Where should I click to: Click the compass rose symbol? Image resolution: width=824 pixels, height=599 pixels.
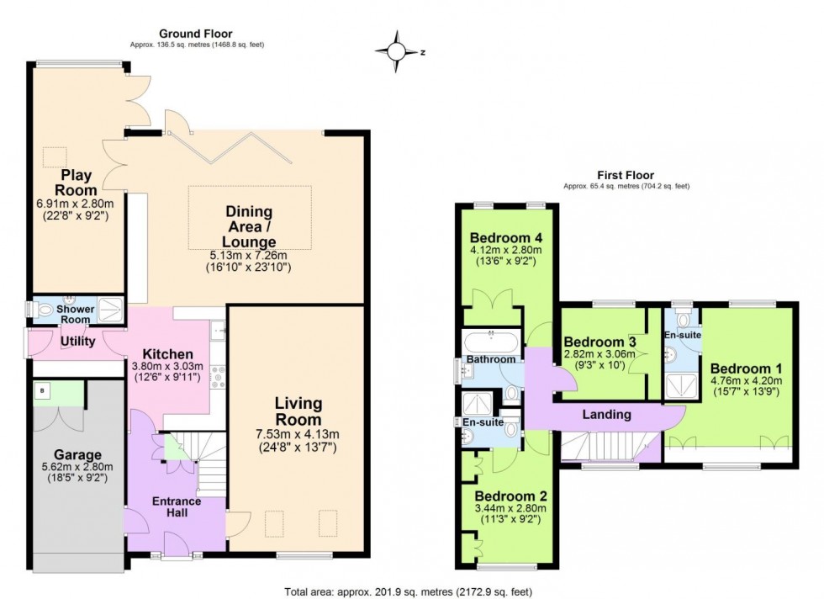tap(396, 50)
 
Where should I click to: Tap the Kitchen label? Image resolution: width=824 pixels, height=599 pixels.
tap(168, 354)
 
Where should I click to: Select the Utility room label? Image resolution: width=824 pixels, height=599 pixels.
tap(77, 341)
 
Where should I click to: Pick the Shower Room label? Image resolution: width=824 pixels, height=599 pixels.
tap(76, 314)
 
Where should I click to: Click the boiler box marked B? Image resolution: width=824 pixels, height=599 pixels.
tap(42, 390)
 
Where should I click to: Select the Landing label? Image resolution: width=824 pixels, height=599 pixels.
tap(605, 414)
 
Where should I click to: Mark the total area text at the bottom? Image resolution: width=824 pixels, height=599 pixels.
tap(409, 591)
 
